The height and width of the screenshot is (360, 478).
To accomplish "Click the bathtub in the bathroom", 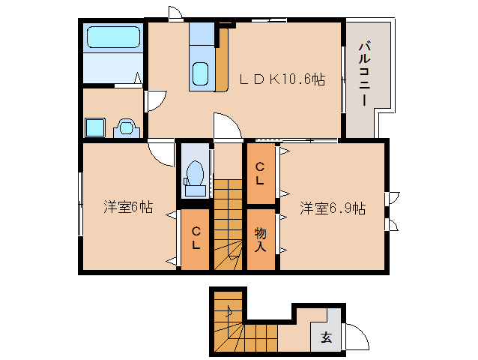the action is (113, 37).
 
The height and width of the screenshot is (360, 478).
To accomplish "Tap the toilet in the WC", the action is (195, 178).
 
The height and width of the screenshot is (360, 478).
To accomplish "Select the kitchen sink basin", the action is (200, 73).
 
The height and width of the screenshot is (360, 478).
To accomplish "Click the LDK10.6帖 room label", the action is (282, 79).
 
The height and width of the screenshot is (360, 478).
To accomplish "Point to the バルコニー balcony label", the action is (364, 74).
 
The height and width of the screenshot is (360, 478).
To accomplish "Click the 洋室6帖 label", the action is (128, 207).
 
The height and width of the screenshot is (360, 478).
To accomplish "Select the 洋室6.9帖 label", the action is (333, 208).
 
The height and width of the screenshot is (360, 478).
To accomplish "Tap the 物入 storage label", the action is (260, 239).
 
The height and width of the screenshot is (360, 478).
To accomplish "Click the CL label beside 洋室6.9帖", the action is (260, 174).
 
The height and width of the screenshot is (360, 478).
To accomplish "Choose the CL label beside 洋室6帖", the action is (196, 238).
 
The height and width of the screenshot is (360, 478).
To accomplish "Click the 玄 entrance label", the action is (326, 337).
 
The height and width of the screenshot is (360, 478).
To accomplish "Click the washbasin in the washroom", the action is (127, 127).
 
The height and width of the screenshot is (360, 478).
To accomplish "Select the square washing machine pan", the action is (95, 127).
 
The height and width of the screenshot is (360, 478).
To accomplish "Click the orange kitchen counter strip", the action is (223, 60).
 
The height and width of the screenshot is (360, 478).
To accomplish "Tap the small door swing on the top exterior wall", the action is (175, 13).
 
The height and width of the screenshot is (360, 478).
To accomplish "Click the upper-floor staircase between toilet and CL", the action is (228, 224).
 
